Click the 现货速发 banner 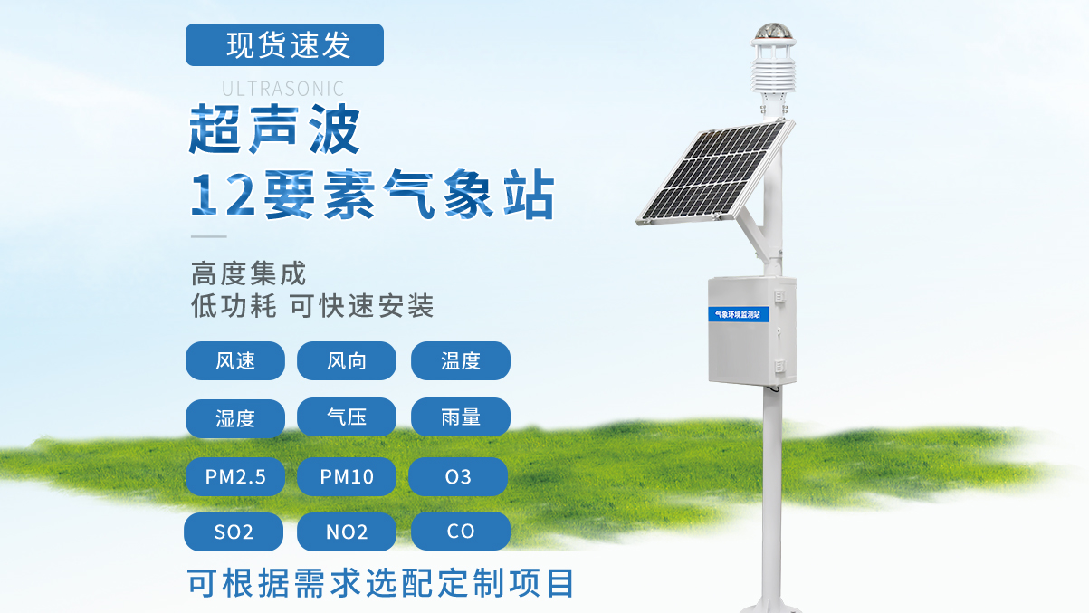(284, 44)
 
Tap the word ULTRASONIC (283, 89)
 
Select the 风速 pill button (234, 360)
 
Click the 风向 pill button (347, 360)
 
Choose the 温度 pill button (461, 360)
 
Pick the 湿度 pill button (234, 418)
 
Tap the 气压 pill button (347, 417)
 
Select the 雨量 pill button (461, 417)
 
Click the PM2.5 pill (234, 476)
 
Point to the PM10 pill (347, 476)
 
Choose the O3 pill (458, 476)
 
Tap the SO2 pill (234, 532)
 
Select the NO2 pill (347, 532)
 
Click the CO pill (461, 531)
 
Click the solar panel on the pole (714, 172)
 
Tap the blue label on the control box (739, 314)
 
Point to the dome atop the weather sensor (773, 31)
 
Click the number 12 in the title (224, 195)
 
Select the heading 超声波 (274, 129)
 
